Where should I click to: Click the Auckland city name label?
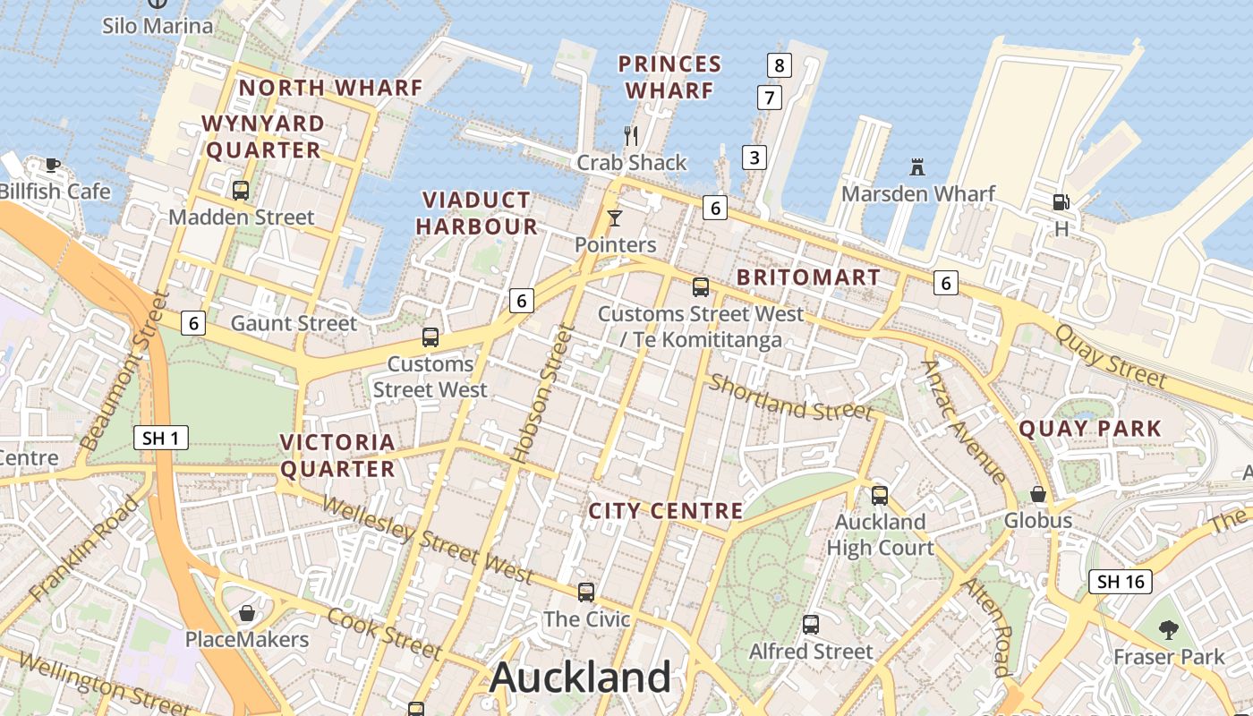pos(580,677)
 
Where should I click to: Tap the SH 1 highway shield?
pos(162,438)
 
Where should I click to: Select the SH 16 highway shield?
pos(1121,582)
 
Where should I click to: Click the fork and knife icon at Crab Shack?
pos(632,136)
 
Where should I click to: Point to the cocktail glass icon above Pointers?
pos(614,217)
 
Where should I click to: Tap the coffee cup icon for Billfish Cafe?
pos(53,165)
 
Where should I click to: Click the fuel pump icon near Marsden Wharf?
pos(1061,202)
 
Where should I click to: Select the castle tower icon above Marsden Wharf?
pos(916,166)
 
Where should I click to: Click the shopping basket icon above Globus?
pos(1038,494)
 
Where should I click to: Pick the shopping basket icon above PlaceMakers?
pos(246,613)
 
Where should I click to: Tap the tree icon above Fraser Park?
pos(1168,629)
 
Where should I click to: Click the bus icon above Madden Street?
pos(241,190)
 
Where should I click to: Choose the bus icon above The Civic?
pos(586,592)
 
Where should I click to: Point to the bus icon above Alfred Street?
pos(811,625)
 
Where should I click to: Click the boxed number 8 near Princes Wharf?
pos(780,64)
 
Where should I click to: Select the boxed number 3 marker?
pos(754,158)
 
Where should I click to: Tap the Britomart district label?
pos(808,277)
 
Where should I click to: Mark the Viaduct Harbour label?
pos(476,213)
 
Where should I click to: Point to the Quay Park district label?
pos(1090,429)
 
